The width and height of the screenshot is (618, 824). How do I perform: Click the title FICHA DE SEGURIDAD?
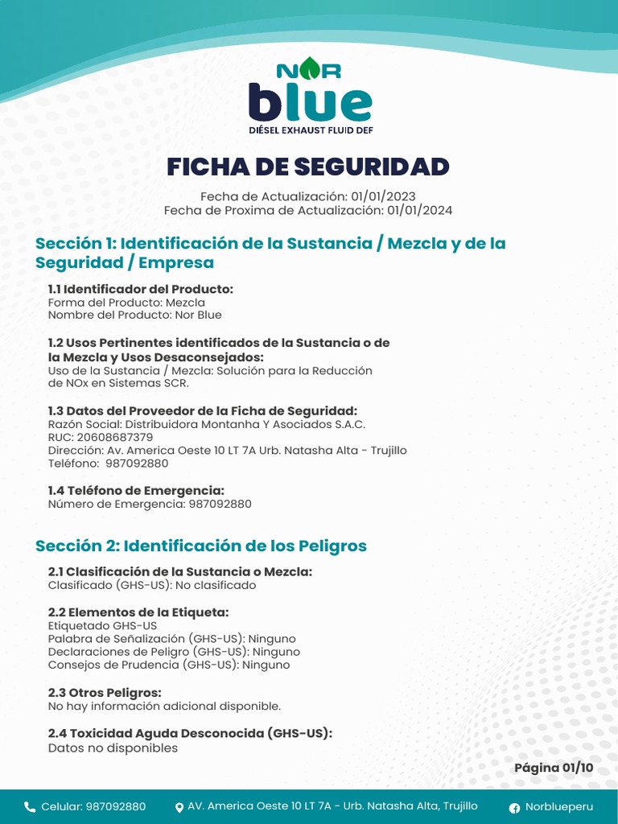[x=308, y=167]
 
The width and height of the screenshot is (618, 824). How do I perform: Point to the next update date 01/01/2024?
[x=419, y=210]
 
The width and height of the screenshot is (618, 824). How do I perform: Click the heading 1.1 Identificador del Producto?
[x=141, y=289]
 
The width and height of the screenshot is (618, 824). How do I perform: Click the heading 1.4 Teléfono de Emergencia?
[x=136, y=490]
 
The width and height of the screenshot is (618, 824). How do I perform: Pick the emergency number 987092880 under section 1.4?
[x=220, y=504]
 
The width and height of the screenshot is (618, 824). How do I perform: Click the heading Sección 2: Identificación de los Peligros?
[x=201, y=546]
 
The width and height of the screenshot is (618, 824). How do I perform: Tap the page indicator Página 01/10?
[x=554, y=768]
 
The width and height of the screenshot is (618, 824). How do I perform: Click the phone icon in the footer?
[x=30, y=807]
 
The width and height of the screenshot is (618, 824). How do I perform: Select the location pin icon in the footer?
[x=179, y=807]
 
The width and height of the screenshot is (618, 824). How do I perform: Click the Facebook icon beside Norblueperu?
[x=514, y=807]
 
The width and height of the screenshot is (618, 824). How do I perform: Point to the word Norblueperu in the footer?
[x=559, y=807]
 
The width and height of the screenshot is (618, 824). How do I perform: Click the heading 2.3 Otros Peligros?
[x=105, y=692]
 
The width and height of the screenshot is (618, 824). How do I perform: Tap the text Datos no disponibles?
[x=113, y=748]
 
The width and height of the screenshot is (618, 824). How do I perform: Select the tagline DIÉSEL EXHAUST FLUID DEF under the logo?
[x=310, y=130]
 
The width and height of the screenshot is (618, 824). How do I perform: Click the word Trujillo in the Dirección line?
[x=389, y=450]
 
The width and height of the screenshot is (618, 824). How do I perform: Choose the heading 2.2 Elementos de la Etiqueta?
[x=138, y=612]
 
